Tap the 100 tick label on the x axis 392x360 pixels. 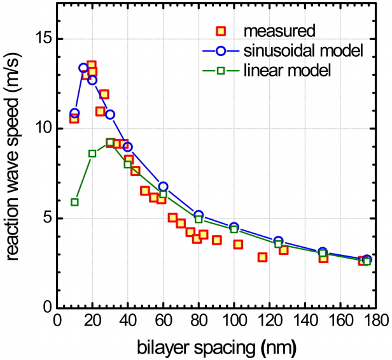[x=234, y=320]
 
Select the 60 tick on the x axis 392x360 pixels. [x=163, y=320]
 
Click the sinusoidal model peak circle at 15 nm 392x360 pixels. [x=83, y=68]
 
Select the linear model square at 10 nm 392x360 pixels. [x=74, y=202]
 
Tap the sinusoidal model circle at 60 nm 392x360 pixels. [x=163, y=186]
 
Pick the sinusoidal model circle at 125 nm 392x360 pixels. [x=278, y=240]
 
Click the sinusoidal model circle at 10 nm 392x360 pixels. [x=74, y=113]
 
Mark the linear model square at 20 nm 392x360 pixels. [x=92, y=154]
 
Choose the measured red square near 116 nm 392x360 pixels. [x=262, y=257]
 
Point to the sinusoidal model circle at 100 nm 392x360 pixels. [x=234, y=227]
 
